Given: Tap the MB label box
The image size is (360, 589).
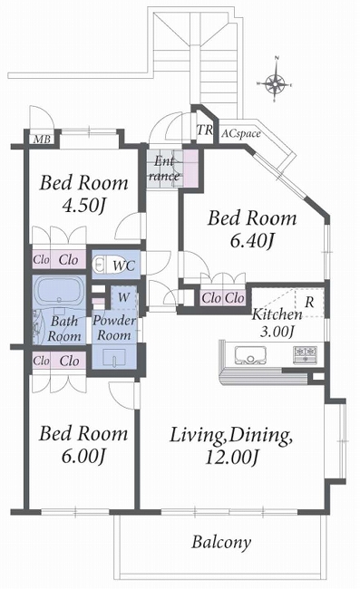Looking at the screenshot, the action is pos(42,139).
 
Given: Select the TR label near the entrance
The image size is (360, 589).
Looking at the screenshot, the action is pos(205,130).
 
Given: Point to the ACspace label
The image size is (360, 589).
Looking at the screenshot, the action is pos(240,134).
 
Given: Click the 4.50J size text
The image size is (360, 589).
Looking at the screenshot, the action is pos(84,206).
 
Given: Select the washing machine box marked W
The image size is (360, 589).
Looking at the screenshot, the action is pos(123,298).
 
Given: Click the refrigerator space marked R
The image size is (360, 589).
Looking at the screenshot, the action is pos(309,303).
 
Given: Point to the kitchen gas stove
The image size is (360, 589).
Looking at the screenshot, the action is pos(305,354).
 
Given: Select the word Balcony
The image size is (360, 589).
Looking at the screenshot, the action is pos(221,542).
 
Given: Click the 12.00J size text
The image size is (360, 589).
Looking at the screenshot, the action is pos(232,457).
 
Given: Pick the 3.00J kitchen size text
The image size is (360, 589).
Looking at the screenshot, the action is pos(277,331).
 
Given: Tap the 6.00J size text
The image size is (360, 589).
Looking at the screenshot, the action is pos(83,456).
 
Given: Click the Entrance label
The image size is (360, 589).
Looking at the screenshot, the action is pos(164,169).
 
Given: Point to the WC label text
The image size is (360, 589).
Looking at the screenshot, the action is pos(123,266).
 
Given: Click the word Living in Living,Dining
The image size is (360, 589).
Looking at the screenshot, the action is pos(197,435).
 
